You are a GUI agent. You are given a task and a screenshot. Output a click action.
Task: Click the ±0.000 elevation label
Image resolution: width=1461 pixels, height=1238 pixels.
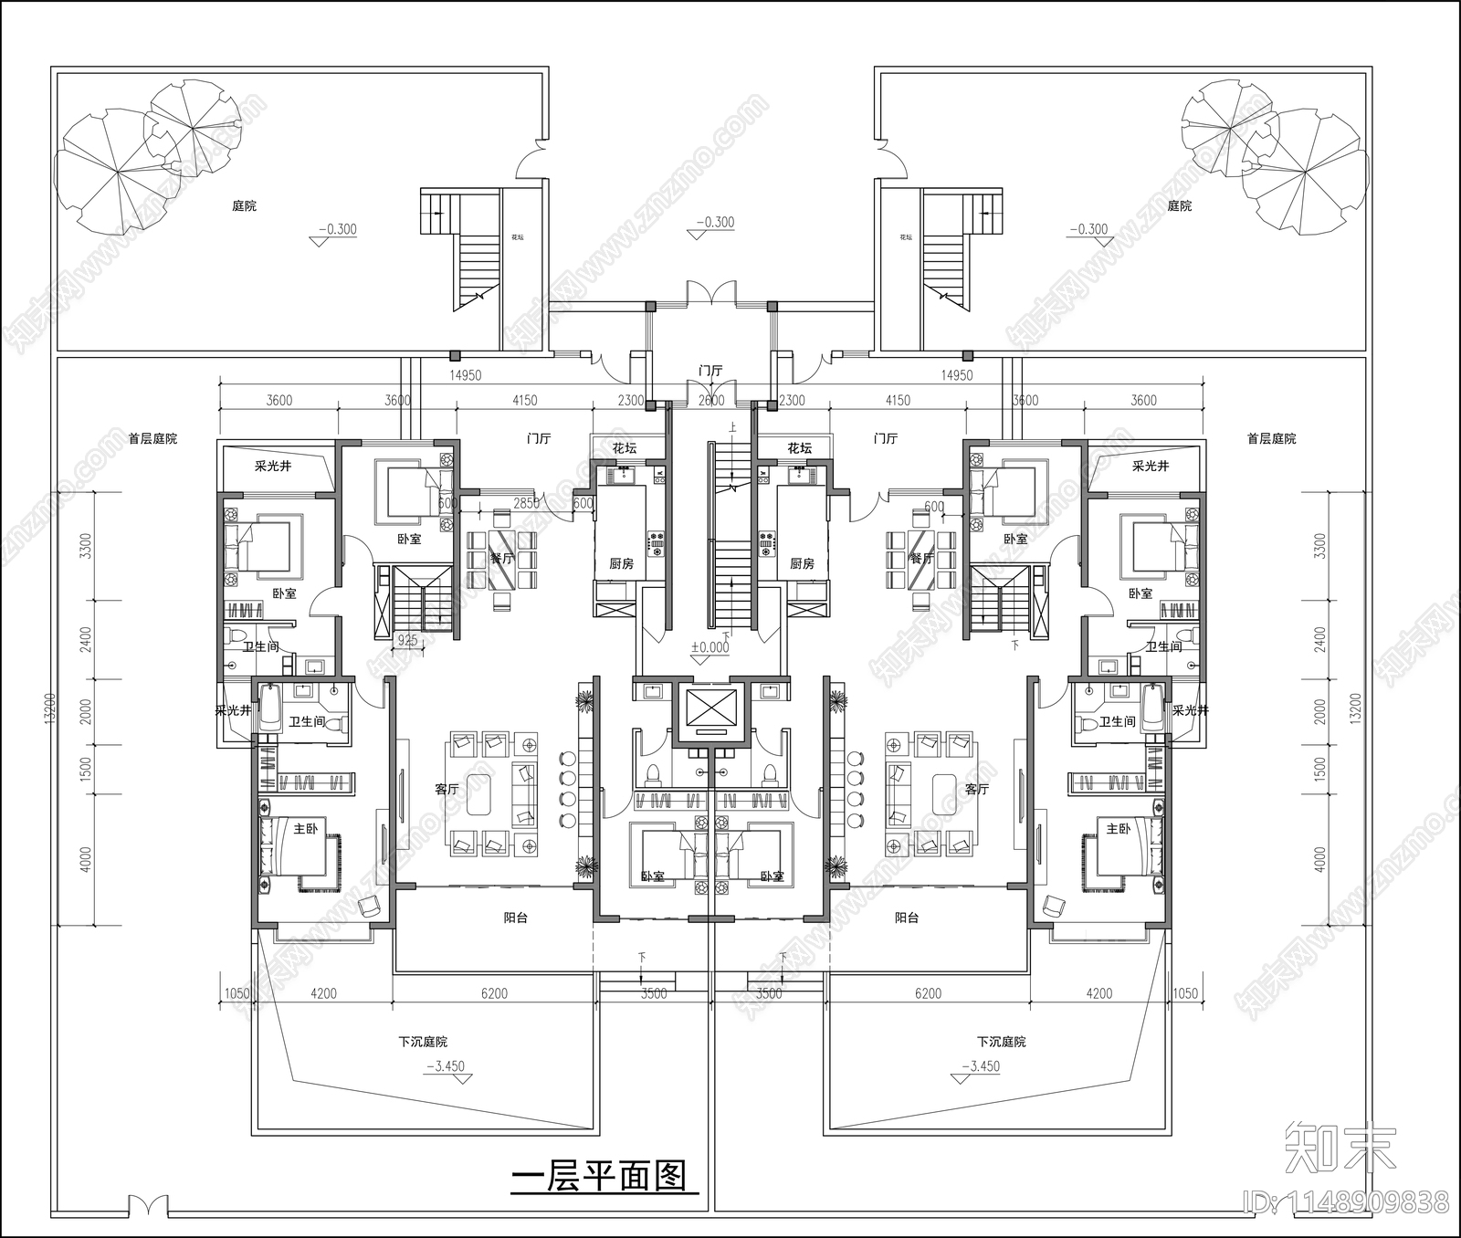coord(709,647)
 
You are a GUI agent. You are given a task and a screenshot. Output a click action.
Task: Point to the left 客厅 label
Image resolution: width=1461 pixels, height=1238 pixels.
coord(447,789)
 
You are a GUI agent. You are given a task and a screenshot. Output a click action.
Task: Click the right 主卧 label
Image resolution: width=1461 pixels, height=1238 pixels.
coord(1118,829)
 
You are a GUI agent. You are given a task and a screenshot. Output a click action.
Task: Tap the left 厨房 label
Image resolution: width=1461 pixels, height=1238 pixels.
coord(621,563)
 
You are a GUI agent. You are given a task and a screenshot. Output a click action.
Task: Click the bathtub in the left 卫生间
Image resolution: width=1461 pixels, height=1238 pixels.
coord(271,709)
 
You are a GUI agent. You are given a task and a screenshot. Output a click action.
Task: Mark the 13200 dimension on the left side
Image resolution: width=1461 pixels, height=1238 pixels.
coord(50,708)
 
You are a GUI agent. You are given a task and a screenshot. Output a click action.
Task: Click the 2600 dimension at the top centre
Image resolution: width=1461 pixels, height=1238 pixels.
coord(710,400)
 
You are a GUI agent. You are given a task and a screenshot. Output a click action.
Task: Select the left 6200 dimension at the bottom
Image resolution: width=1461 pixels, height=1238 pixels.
coord(494,993)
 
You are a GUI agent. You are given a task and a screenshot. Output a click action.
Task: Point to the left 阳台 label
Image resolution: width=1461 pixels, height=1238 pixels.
coord(516,918)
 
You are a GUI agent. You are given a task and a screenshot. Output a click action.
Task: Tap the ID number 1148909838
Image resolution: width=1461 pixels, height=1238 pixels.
coord(1371,1201)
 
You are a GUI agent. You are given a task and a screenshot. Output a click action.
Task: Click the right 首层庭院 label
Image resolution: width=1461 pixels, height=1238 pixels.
coord(1271,439)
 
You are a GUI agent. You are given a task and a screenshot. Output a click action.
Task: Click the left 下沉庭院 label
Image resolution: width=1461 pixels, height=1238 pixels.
coord(423,1042)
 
